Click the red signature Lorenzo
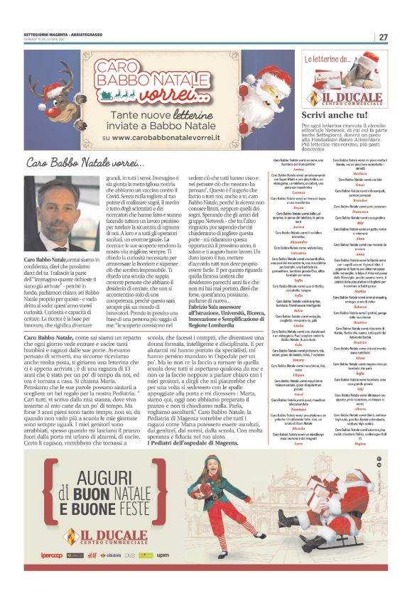(x=298, y=192)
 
